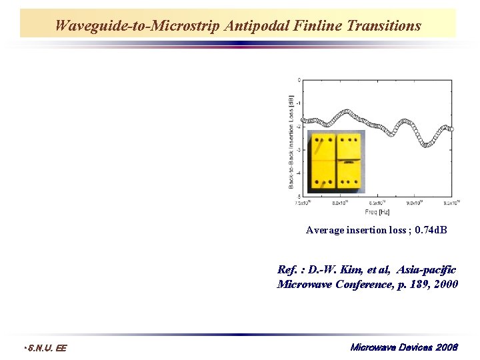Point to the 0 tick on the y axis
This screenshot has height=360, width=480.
[x=299, y=80]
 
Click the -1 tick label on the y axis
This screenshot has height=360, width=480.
[x=298, y=103]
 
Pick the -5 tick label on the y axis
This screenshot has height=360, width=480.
[x=298, y=196]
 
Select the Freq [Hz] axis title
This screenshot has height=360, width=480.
[x=377, y=213]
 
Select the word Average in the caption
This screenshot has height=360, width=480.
[x=322, y=230]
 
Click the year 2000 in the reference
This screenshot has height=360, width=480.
[x=443, y=285]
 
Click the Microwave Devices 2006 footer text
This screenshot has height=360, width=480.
[x=404, y=347]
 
